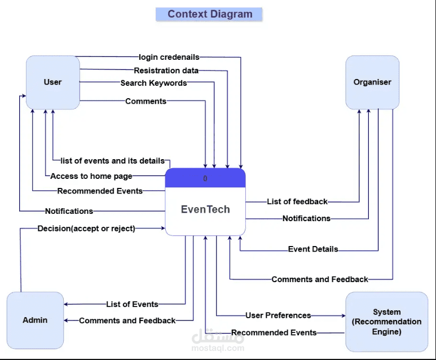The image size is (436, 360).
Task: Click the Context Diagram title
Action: click(210, 14)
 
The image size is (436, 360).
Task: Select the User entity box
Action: click(52, 82)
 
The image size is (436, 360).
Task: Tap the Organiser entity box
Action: click(372, 82)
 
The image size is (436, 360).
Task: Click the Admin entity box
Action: click(35, 320)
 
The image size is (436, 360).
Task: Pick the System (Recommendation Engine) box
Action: click(386, 322)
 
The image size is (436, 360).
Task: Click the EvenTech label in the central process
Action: click(205, 209)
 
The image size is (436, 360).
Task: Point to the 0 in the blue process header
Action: click(205, 178)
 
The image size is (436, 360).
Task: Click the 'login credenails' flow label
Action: click(169, 57)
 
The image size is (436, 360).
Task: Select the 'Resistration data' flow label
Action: click(166, 71)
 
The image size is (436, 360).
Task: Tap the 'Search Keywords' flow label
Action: click(153, 83)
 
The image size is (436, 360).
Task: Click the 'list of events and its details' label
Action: click(113, 161)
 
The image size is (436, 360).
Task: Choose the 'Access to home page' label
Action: click(91, 176)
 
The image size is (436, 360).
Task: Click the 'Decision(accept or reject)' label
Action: click(86, 229)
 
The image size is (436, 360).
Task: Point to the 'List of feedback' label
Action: click(297, 201)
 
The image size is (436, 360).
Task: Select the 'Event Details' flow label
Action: click(313, 249)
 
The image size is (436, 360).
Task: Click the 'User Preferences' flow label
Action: click(278, 315)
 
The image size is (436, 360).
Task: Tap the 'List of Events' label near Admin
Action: click(133, 304)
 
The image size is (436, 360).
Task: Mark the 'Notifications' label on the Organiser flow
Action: click(306, 218)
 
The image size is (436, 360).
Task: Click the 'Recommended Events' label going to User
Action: click(100, 191)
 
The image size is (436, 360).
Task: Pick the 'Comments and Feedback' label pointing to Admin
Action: click(127, 321)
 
